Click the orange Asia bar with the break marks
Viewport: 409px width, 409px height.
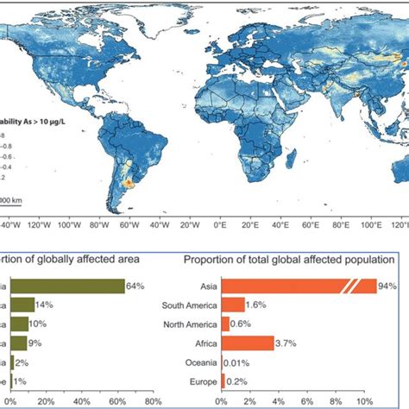(298, 286)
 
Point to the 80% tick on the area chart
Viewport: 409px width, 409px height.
(152, 401)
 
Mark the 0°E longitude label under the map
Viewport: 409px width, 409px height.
(219, 225)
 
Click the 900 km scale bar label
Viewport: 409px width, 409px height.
(11, 200)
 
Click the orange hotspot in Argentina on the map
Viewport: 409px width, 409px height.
(129, 183)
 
